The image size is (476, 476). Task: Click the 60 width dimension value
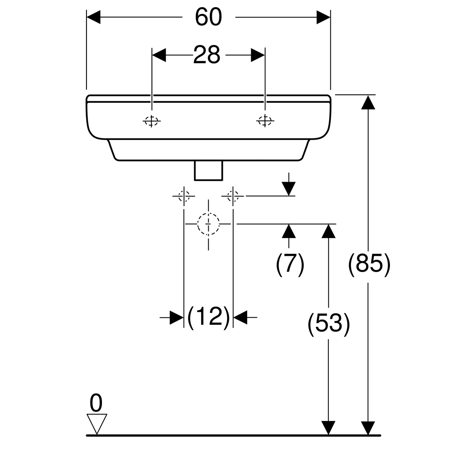point(209,17)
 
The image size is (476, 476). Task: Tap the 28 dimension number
point(207,55)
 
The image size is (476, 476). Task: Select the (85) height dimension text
point(369,265)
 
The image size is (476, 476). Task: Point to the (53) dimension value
point(328,323)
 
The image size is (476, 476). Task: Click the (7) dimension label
point(290,264)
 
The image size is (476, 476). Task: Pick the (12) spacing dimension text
point(208,317)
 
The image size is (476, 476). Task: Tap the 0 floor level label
point(96,403)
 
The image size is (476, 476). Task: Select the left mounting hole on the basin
point(151,121)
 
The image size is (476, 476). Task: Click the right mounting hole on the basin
point(264,120)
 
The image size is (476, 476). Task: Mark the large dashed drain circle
point(208,224)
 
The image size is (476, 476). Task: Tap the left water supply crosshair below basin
point(183,196)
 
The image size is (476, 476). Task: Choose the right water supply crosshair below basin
point(233,196)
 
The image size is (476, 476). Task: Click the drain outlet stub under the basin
point(208,171)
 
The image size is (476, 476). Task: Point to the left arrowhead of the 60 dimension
point(94,17)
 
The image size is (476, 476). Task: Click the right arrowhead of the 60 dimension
point(323,17)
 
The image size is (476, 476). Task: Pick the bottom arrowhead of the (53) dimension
point(328,428)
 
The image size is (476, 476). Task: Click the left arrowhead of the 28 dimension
point(159,55)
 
